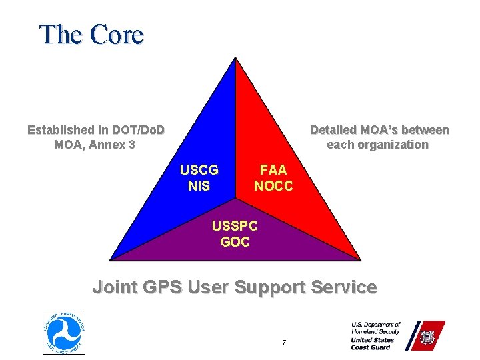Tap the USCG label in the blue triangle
(199, 170)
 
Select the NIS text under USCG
(199, 186)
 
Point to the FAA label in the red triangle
(273, 170)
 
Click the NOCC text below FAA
(273, 186)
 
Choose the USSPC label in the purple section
(235, 227)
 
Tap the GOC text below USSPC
(235, 242)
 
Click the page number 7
(284, 343)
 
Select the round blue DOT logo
(64, 333)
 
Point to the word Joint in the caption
(112, 287)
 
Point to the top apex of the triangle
(235, 59)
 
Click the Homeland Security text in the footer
(375, 331)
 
